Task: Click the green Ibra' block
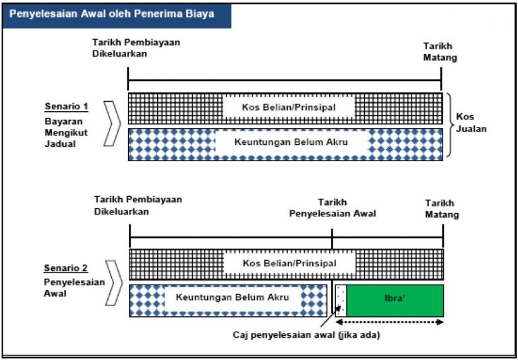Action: tap(395, 300)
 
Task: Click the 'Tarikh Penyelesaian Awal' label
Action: tap(333, 208)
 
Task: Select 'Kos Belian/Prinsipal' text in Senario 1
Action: tap(288, 107)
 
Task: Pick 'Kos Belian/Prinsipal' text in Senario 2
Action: tap(289, 264)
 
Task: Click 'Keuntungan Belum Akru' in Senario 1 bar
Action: tap(291, 143)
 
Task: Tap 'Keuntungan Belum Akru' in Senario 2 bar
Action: tap(232, 297)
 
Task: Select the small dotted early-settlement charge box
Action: tap(341, 300)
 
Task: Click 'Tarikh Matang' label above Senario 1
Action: tap(440, 51)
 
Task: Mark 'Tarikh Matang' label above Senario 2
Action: tap(442, 208)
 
